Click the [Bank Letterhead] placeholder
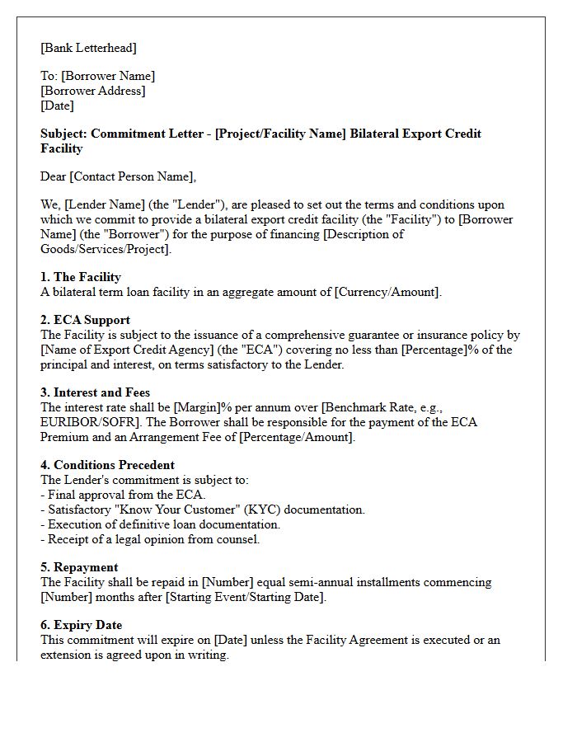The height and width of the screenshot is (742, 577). coord(89,48)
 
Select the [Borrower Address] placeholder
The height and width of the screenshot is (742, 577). coord(92,91)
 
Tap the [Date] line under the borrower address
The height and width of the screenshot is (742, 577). coord(57,106)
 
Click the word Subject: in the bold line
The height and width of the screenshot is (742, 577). coord(63,134)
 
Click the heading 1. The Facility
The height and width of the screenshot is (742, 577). coord(81,277)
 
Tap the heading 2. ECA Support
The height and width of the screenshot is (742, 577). coord(85,320)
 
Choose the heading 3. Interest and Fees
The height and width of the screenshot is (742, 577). coord(96,392)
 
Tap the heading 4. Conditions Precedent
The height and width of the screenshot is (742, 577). coord(107,465)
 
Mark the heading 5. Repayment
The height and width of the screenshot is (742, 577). coord(79,567)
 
